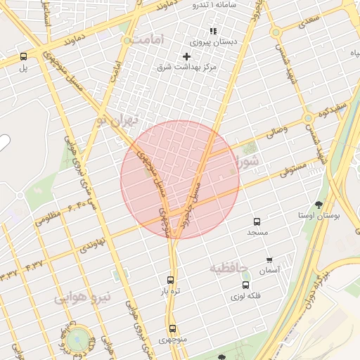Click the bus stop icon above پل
[x=24, y=56]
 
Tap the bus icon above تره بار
[x=171, y=279]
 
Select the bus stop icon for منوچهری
[x=172, y=328]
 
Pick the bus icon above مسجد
[x=257, y=221]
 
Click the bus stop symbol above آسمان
[x=269, y=259]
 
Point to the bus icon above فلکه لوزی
[x=245, y=285]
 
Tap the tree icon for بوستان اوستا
[x=319, y=205]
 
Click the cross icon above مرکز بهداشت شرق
[x=186, y=56]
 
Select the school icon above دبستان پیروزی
[x=213, y=32]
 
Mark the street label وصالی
[x=274, y=130]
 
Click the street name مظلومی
[x=49, y=219]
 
